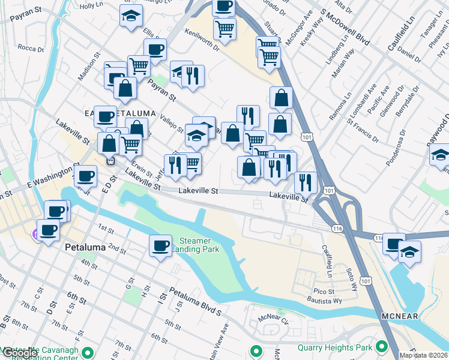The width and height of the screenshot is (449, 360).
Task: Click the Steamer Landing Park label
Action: [196, 245]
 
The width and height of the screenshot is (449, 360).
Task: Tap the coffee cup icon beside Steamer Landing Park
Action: [160, 245]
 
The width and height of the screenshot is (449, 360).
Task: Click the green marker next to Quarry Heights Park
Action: [381, 347]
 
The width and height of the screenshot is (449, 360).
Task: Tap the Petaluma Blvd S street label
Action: [195, 303]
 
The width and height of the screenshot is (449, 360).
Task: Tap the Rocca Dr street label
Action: [28, 47]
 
